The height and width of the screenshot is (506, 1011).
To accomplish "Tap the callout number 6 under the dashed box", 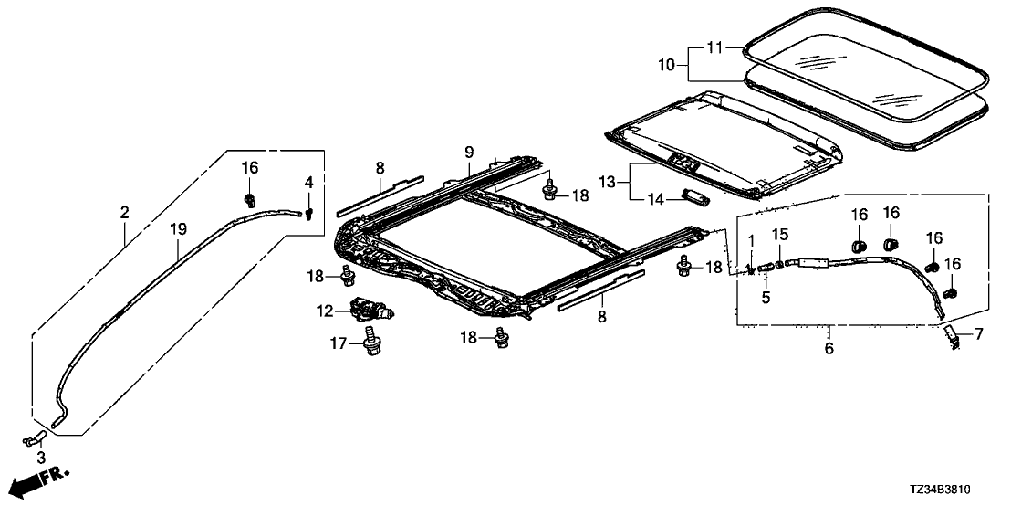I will point(829,347).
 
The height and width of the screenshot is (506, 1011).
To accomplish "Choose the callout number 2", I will point(124,212).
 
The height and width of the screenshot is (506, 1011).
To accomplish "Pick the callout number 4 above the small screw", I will point(309,183).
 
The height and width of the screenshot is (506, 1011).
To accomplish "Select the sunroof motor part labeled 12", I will point(370,311).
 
